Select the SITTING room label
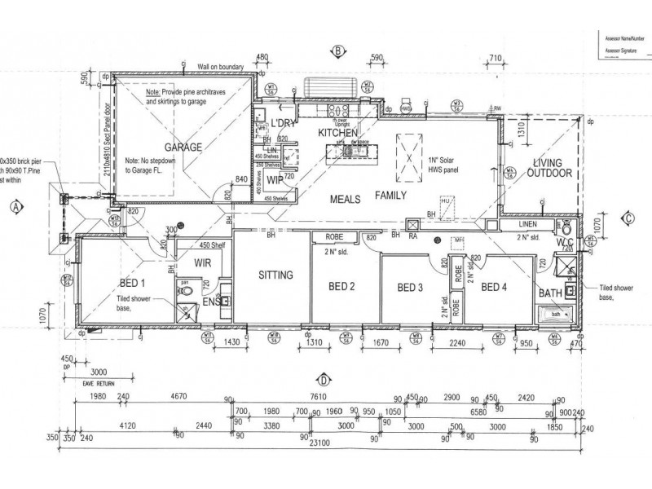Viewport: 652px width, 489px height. (275, 275)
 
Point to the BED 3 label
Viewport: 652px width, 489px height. (410, 287)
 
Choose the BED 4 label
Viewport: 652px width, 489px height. (495, 287)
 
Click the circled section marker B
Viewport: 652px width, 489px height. (336, 51)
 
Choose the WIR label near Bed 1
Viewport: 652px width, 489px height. (203, 262)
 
